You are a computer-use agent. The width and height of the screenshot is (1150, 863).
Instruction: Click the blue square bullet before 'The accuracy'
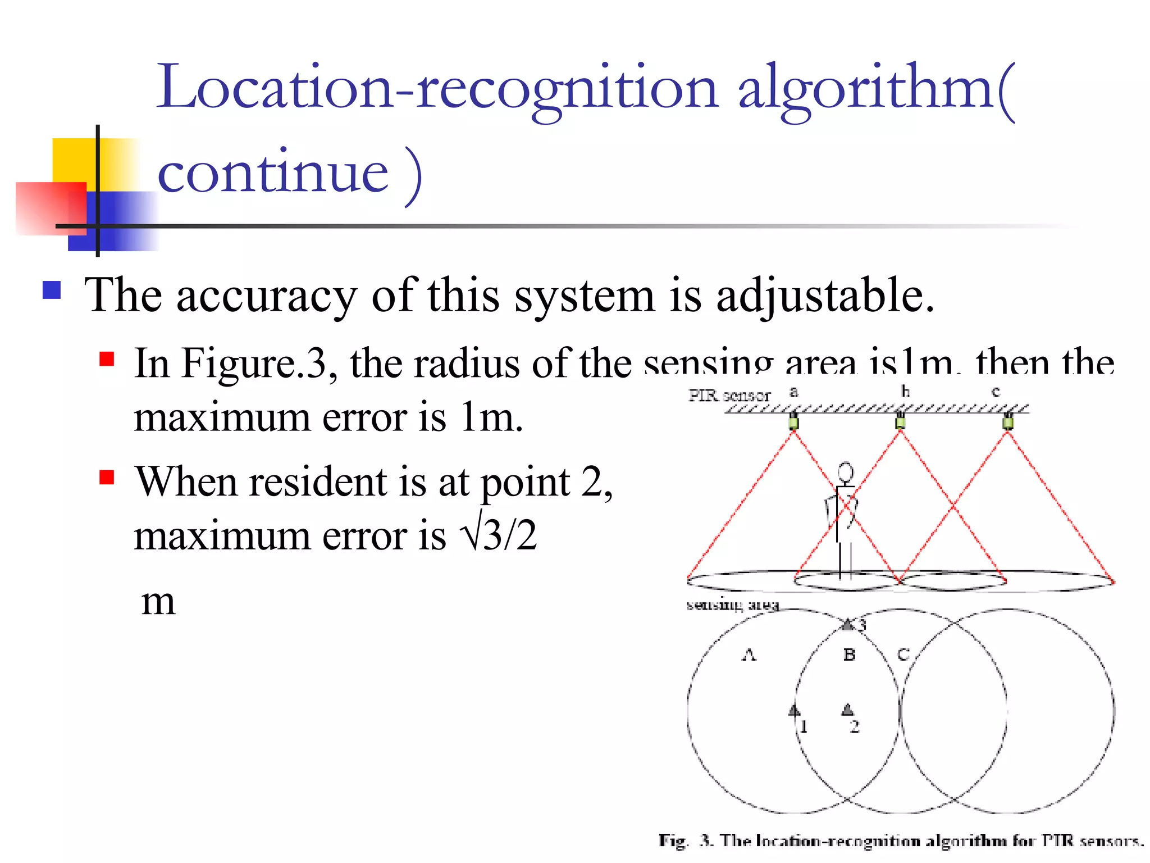pyautogui.click(x=52, y=290)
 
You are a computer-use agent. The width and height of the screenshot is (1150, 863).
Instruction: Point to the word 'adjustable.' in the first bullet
pyautogui.click(x=825, y=296)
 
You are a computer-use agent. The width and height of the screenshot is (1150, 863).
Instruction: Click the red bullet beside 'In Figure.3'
pyautogui.click(x=107, y=359)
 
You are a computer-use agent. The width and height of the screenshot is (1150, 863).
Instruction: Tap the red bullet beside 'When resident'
pyautogui.click(x=107, y=477)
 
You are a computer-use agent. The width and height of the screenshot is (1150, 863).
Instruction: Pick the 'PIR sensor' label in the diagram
pyautogui.click(x=729, y=396)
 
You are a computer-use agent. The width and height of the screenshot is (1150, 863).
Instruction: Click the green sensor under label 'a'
pyautogui.click(x=793, y=421)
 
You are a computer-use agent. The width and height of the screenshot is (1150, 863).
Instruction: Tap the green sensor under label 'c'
pyautogui.click(x=1008, y=421)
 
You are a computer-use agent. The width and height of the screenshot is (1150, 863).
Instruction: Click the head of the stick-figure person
pyautogui.click(x=846, y=472)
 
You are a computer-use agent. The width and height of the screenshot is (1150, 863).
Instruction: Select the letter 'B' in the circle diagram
pyautogui.click(x=849, y=655)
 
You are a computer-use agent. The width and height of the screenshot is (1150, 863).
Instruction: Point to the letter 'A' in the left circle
pyautogui.click(x=749, y=655)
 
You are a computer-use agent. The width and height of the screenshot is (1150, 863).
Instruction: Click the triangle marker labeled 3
pyautogui.click(x=848, y=624)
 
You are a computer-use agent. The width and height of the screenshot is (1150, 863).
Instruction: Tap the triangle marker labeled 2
pyautogui.click(x=847, y=710)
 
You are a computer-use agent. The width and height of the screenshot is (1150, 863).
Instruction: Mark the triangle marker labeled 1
pyautogui.click(x=794, y=710)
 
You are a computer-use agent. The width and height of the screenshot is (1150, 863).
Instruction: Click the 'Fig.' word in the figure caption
pyautogui.click(x=673, y=841)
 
